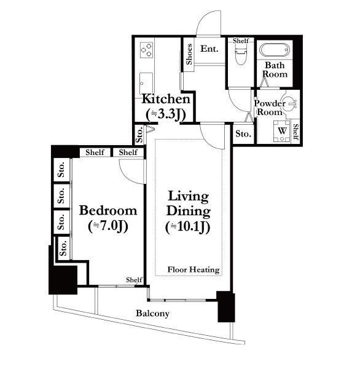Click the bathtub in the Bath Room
click(275, 50)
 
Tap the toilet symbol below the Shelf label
click(241, 55)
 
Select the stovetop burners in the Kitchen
click(147, 50)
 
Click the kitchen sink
click(146, 83)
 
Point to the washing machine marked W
click(282, 131)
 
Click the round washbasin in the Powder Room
click(289, 103)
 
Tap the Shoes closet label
click(189, 54)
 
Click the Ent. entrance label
click(209, 49)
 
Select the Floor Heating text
click(194, 270)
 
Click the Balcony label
click(152, 314)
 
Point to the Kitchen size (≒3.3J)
click(166, 114)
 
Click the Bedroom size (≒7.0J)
click(108, 226)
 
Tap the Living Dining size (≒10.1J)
click(187, 228)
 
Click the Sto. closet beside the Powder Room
click(243, 134)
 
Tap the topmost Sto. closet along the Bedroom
click(61, 170)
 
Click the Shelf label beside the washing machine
click(296, 132)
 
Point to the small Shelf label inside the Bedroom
click(134, 280)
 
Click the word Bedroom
click(108, 210)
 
